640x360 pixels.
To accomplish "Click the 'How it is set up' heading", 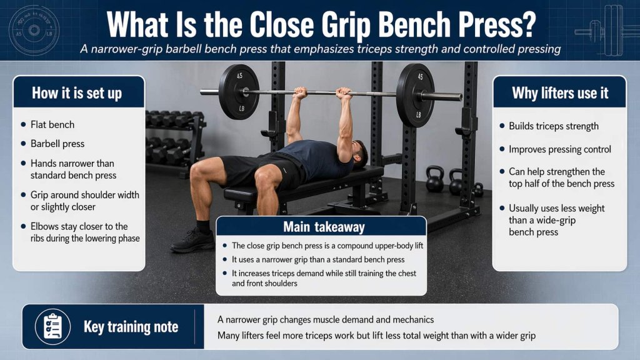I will [x=77, y=93].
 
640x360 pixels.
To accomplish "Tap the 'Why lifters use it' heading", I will [x=559, y=93].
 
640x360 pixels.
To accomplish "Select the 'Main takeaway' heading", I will [x=321, y=226].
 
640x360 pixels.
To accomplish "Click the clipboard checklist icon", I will [x=53, y=326].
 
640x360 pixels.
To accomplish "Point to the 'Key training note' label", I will [x=131, y=327].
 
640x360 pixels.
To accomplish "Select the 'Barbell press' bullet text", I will [x=57, y=143].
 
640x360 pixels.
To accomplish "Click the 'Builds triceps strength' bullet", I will [x=553, y=126].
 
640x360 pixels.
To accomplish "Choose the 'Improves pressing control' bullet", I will [x=559, y=149].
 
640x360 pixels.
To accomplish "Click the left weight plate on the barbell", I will [x=239, y=92].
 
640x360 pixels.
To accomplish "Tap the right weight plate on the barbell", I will [x=415, y=95].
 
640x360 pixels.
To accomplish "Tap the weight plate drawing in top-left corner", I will [x=34, y=30].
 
